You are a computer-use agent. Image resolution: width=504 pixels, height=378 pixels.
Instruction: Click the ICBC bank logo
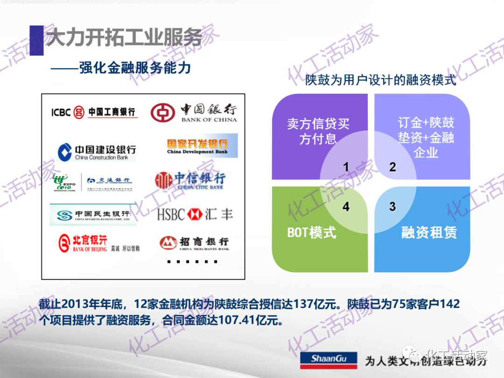click(94, 112)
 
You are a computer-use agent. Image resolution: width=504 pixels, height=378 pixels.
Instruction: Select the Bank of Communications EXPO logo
click(93, 182)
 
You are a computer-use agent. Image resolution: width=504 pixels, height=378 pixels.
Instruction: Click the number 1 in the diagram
click(346, 167)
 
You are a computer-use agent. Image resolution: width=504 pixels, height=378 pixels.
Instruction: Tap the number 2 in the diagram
click(392, 167)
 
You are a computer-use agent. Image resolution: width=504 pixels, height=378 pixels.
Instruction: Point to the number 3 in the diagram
click(392, 206)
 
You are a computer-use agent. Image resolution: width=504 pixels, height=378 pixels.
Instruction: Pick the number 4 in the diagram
click(346, 206)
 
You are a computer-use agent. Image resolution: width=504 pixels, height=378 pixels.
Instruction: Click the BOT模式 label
click(312, 232)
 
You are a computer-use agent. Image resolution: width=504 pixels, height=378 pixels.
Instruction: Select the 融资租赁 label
click(429, 232)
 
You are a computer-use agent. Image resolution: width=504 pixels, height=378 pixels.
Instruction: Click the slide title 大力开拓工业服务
click(124, 38)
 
